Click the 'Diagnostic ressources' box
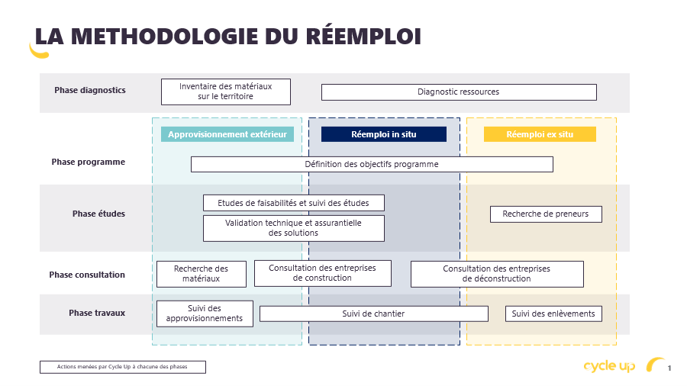(x=459, y=92)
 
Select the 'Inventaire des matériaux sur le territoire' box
(x=226, y=92)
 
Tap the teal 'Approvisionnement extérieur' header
(x=227, y=134)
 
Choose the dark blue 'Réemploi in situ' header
(x=384, y=134)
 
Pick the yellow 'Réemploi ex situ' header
(x=540, y=134)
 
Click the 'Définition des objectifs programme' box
(x=372, y=165)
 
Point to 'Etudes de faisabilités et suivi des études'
(x=294, y=203)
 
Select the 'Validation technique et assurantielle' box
(x=294, y=228)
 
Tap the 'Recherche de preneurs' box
(x=546, y=214)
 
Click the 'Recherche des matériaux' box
(x=202, y=274)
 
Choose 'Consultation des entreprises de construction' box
(x=322, y=273)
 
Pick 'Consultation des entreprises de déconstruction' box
(x=497, y=274)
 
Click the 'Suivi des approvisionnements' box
(x=205, y=314)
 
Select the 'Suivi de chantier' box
(x=374, y=314)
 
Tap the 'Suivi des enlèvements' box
(x=553, y=314)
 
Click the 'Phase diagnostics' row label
(x=90, y=90)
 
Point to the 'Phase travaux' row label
(x=97, y=313)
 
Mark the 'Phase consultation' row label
(x=87, y=275)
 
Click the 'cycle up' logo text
(x=609, y=366)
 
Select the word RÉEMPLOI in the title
(x=363, y=37)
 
